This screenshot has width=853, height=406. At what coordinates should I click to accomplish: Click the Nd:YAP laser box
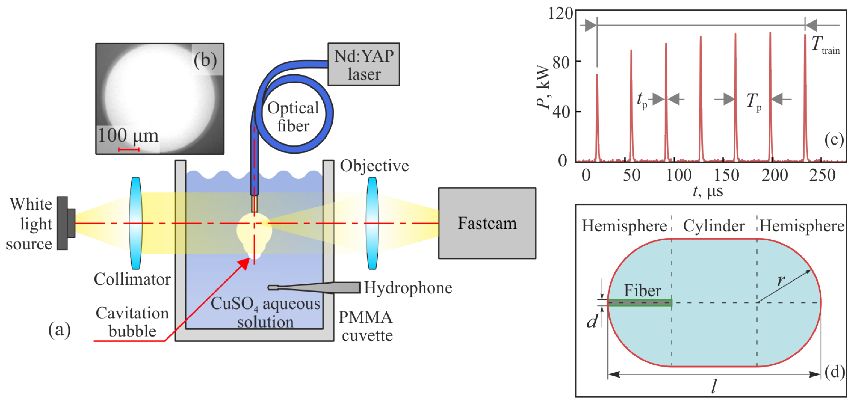click(x=363, y=64)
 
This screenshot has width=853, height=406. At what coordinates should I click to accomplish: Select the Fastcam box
click(x=487, y=223)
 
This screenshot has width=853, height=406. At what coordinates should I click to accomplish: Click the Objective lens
click(x=372, y=223)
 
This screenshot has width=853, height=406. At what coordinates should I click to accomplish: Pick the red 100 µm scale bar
click(x=128, y=150)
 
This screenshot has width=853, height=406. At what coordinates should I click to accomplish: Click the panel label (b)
click(x=205, y=60)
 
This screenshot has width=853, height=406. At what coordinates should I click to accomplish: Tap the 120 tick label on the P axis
click(x=560, y=14)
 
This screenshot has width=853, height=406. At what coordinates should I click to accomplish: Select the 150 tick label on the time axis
click(x=726, y=175)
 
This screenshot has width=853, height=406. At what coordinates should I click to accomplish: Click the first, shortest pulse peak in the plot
click(x=597, y=75)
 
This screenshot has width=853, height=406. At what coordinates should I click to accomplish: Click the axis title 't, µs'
click(x=708, y=191)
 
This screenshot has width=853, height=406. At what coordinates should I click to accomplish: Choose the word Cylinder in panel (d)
click(x=714, y=226)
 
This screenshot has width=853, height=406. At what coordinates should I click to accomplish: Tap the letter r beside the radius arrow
click(x=781, y=281)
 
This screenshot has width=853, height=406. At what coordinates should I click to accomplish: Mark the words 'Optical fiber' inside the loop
click(x=293, y=117)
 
